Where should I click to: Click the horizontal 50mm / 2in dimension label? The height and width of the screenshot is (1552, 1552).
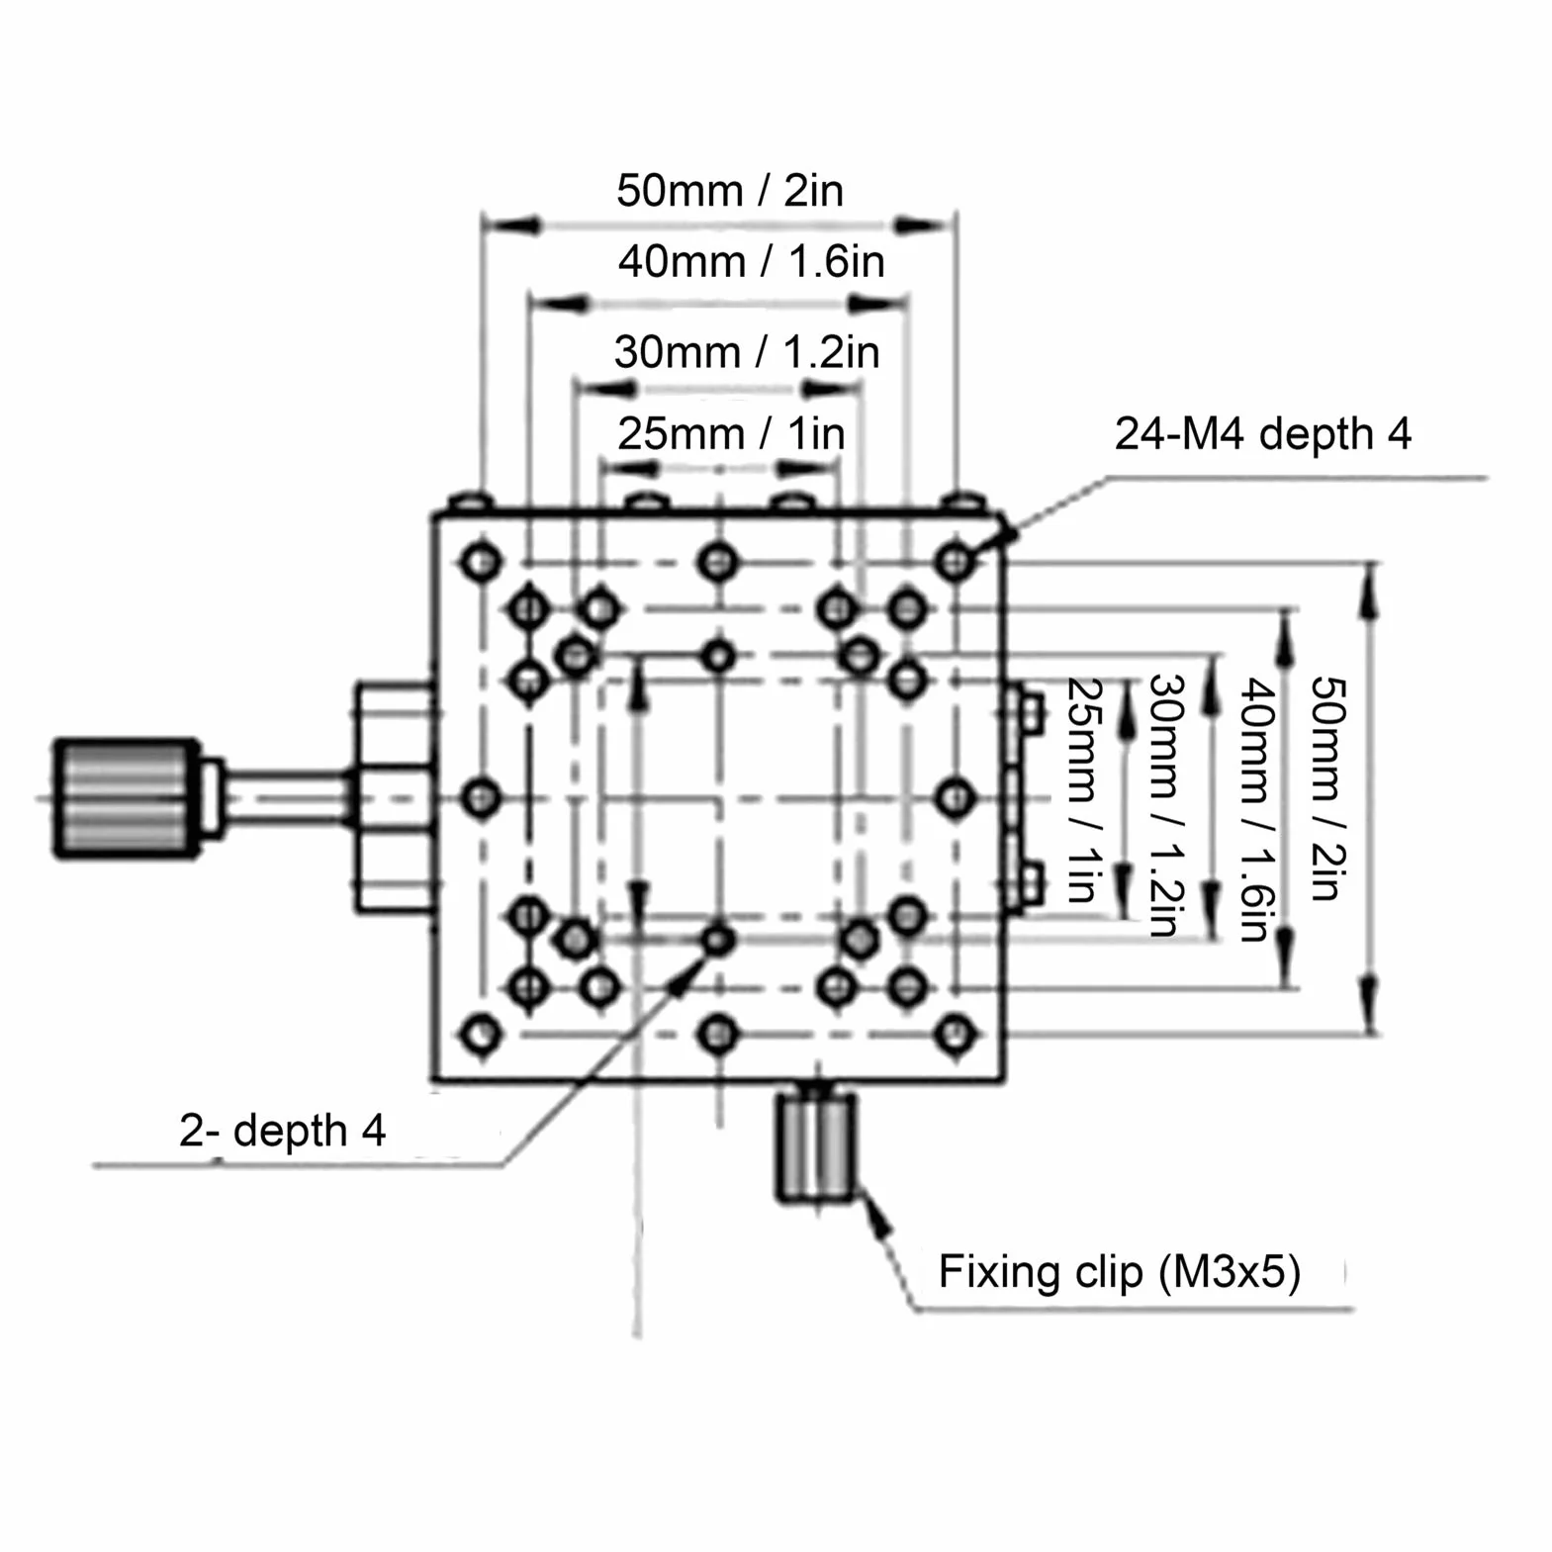[x=730, y=190]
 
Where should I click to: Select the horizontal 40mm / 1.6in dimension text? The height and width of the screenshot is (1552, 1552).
[x=752, y=262]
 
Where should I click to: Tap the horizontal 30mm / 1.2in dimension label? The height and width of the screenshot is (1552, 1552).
[x=747, y=352]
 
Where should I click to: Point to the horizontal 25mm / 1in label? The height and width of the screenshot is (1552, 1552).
[x=732, y=433]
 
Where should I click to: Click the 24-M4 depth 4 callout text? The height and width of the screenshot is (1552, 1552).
[x=1263, y=433]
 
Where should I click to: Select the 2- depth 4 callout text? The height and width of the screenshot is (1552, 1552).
[x=282, y=1130]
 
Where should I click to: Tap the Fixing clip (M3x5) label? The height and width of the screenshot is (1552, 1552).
[x=1119, y=1272]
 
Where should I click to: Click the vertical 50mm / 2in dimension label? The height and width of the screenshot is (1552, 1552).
[x=1328, y=788]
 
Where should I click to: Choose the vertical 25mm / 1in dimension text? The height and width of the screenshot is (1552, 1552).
[x=1085, y=790]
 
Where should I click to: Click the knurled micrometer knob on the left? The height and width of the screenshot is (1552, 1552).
[x=127, y=797]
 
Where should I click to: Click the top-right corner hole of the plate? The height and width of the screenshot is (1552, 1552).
[x=955, y=562]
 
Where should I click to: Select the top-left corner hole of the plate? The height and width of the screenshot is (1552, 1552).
[x=481, y=562]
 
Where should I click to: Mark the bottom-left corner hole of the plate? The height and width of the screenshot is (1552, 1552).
[x=481, y=1035]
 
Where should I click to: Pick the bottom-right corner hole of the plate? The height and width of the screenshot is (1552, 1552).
[x=955, y=1035]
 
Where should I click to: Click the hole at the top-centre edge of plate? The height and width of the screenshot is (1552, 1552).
[x=717, y=562]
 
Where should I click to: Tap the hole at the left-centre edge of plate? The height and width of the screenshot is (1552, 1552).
[x=481, y=797]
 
